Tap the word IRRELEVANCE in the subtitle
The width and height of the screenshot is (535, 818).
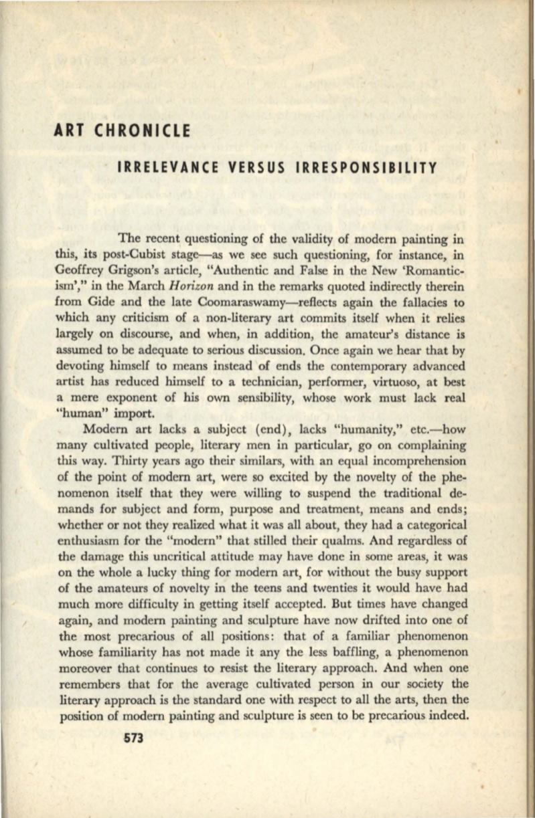point(173,166)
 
